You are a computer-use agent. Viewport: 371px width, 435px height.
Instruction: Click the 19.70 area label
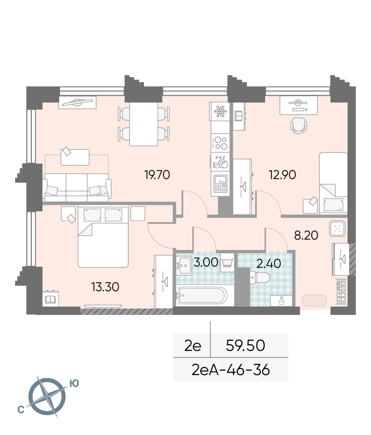tap(157, 175)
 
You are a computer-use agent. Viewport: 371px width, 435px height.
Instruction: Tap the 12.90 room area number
tap(282, 175)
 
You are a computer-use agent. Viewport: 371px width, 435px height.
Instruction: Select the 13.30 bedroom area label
tap(105, 287)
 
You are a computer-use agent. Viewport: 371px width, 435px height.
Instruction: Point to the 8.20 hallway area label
tap(306, 235)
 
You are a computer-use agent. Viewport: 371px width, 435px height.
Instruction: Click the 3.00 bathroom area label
tap(206, 262)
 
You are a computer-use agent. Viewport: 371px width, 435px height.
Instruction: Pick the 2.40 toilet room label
tap(268, 264)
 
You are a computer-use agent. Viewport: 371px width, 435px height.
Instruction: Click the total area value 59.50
tap(245, 346)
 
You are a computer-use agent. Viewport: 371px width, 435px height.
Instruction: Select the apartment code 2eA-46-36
tap(230, 370)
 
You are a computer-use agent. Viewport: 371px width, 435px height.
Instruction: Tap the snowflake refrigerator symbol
tap(220, 111)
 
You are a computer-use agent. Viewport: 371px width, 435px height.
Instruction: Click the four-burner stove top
tap(220, 143)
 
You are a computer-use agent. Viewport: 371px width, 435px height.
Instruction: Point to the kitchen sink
tap(220, 184)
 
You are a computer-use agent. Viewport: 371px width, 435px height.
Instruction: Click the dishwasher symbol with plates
tap(220, 162)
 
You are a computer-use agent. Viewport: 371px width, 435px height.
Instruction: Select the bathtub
tap(202, 296)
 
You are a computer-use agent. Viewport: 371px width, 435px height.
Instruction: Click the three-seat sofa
tap(77, 187)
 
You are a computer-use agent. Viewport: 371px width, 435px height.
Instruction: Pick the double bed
tap(103, 236)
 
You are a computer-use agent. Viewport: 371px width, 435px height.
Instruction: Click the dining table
tap(144, 124)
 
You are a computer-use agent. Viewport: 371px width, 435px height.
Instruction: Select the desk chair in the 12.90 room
tap(299, 125)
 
